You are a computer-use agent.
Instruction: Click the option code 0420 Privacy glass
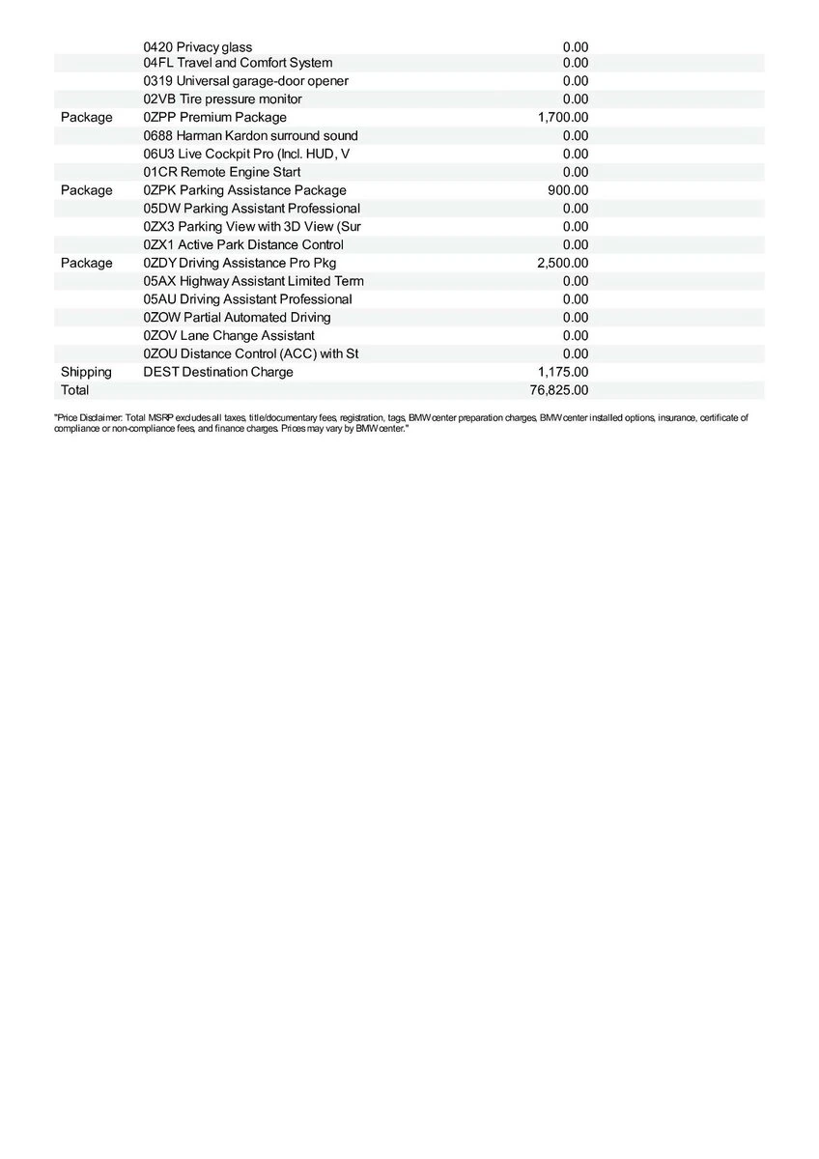pyautogui.click(x=197, y=47)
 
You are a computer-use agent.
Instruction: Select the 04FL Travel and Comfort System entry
pyautogui.click(x=238, y=63)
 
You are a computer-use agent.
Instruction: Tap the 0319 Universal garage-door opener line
pyautogui.click(x=245, y=81)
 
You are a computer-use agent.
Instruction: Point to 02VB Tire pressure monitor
pyautogui.click(x=222, y=99)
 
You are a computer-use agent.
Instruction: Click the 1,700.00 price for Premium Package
pyautogui.click(x=562, y=118)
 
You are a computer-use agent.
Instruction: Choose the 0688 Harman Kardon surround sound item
pyautogui.click(x=250, y=136)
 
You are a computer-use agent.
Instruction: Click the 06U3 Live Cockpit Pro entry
pyautogui.click(x=246, y=155)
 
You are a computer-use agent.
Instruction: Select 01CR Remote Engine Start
pyautogui.click(x=221, y=173)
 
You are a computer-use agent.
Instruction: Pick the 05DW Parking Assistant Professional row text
pyautogui.click(x=251, y=209)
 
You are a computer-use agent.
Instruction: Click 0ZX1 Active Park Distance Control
pyautogui.click(x=242, y=245)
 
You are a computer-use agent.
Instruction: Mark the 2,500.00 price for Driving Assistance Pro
pyautogui.click(x=562, y=263)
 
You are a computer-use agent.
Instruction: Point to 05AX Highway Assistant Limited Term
pyautogui.click(x=253, y=281)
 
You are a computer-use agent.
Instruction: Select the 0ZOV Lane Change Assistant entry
pyautogui.click(x=228, y=336)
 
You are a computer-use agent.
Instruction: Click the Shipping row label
pyautogui.click(x=86, y=372)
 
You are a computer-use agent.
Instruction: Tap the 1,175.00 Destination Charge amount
pyautogui.click(x=562, y=372)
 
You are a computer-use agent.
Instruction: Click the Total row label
pyautogui.click(x=74, y=390)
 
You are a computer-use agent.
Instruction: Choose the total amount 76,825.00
pyautogui.click(x=558, y=390)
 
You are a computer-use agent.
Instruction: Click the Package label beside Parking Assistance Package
pyautogui.click(x=86, y=190)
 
